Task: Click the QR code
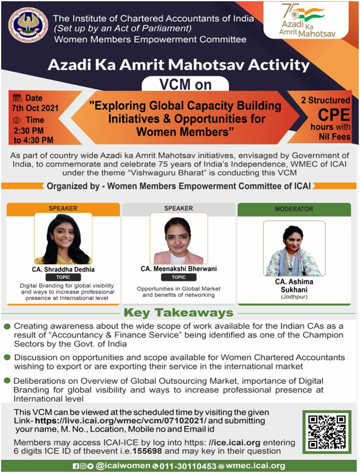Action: tap(326, 433)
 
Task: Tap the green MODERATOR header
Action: tap(293, 209)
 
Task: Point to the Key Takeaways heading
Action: tap(178, 313)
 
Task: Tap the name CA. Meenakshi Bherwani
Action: tap(178, 269)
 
